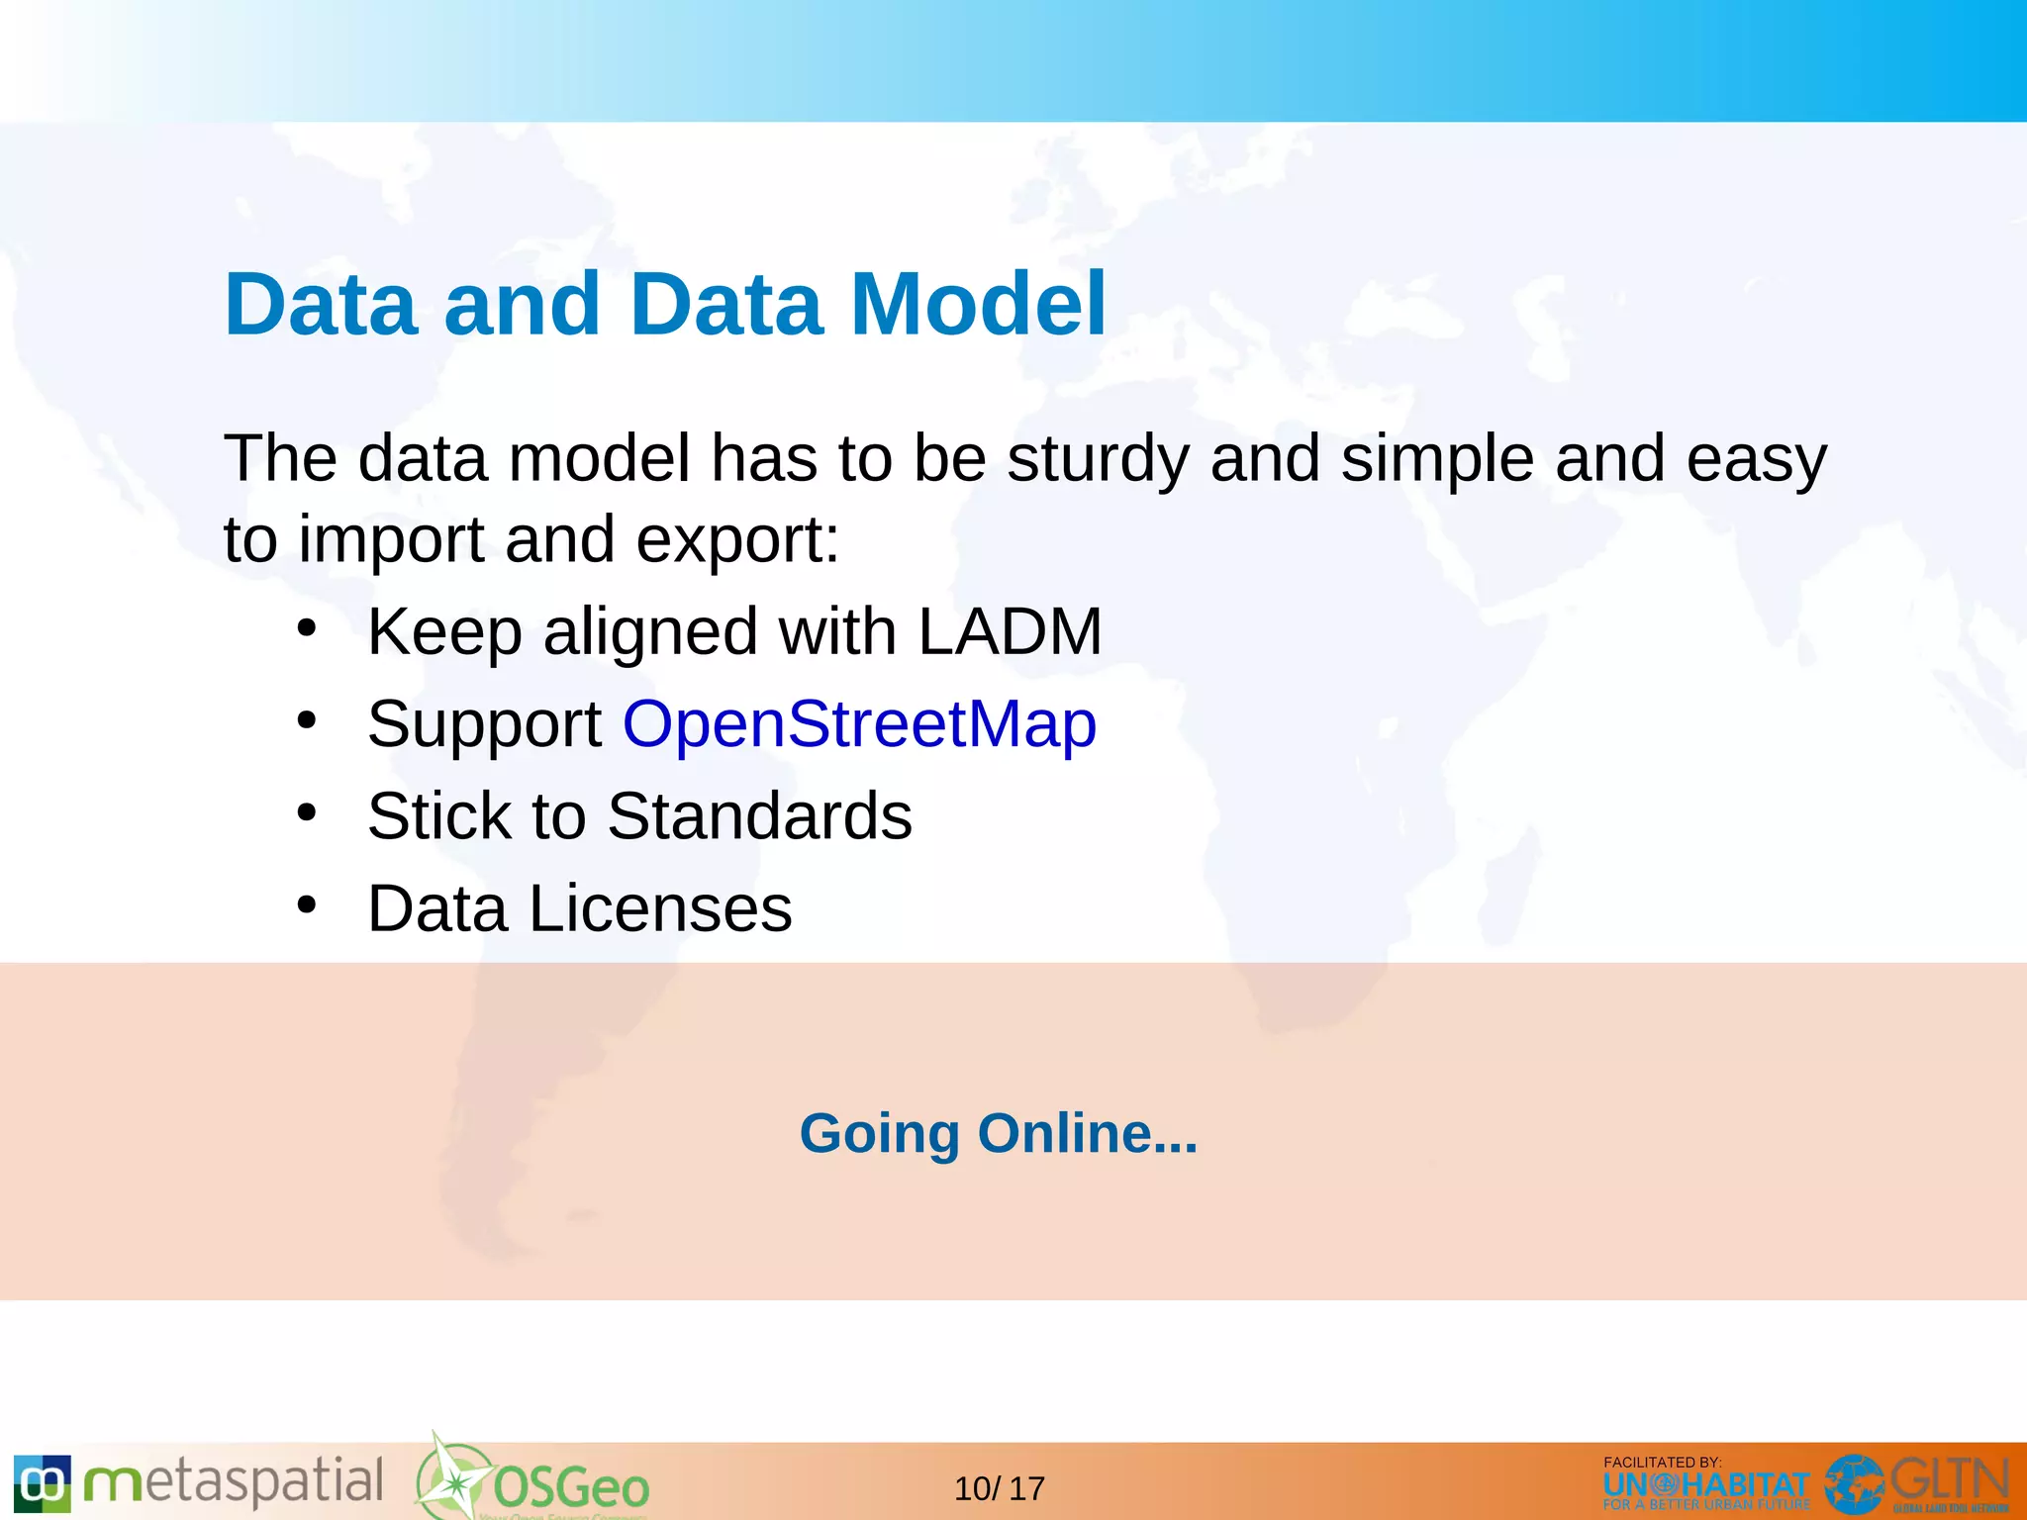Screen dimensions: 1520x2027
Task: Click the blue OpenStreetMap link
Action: pos(859,723)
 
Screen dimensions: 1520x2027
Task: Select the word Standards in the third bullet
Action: pos(759,816)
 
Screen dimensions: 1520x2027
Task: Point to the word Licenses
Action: pos(660,908)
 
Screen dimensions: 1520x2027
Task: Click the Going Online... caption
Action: pos(998,1133)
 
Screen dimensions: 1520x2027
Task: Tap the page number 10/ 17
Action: pos(999,1488)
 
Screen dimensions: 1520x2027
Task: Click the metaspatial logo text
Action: pos(234,1482)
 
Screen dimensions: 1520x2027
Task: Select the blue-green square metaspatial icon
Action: pos(43,1482)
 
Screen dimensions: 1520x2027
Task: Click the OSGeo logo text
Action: pos(571,1487)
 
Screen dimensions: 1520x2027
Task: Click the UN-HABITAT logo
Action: pos(1705,1486)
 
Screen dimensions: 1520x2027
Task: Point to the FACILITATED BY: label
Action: pos(1662,1462)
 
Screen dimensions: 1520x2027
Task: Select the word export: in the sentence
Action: pos(737,540)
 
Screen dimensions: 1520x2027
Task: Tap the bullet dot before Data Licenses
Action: pos(307,904)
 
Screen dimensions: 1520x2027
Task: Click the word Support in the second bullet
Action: pos(484,723)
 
